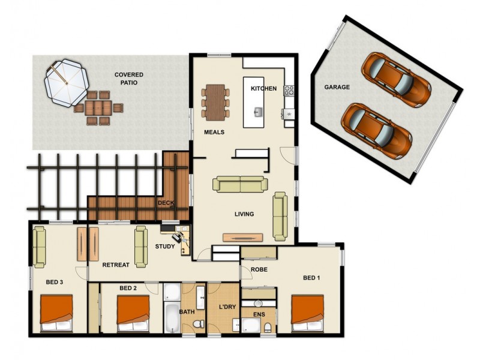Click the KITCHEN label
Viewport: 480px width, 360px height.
[263, 89]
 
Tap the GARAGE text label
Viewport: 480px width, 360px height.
[337, 87]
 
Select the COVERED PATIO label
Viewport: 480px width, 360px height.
[129, 79]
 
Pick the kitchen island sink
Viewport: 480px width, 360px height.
[258, 112]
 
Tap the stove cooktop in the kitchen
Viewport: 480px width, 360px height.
[289, 91]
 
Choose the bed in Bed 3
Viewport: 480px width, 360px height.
[56, 313]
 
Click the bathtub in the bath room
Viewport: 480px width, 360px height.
[171, 318]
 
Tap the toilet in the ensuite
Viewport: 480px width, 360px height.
[268, 327]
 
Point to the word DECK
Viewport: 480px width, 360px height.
[166, 203]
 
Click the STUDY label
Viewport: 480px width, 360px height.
[165, 246]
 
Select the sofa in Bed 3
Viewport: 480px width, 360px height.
[40, 246]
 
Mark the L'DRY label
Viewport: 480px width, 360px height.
[227, 307]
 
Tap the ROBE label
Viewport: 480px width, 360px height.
[259, 269]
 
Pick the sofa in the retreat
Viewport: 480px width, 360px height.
[141, 246]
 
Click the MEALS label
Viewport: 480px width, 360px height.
[214, 132]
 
